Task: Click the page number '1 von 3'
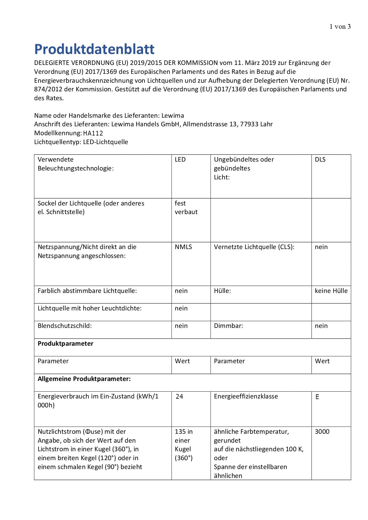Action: pyautogui.click(x=340, y=27)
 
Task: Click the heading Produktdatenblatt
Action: pyautogui.click(x=94, y=49)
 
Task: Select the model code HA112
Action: pyautogui.click(x=93, y=133)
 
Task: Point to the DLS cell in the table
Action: pyautogui.click(x=320, y=159)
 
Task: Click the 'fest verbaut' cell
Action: pyautogui.click(x=186, y=208)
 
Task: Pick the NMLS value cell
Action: pyautogui.click(x=183, y=247)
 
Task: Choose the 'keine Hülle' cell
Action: pyautogui.click(x=331, y=291)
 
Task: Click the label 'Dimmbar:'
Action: pyautogui.click(x=229, y=326)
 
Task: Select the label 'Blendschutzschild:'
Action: pyautogui.click(x=65, y=326)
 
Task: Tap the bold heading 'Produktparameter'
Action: pyautogui.click(x=66, y=344)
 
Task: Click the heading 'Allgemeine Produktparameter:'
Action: pyautogui.click(x=84, y=379)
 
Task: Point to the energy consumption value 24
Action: pyautogui.click(x=180, y=397)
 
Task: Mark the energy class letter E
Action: pyautogui.click(x=317, y=397)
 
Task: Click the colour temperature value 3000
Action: pyautogui.click(x=322, y=432)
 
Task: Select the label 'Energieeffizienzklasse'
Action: pyautogui.click(x=246, y=396)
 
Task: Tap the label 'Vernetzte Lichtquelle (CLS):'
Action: pyautogui.click(x=254, y=247)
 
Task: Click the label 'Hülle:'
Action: pyautogui.click(x=222, y=291)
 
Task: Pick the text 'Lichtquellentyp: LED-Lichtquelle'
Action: pyautogui.click(x=81, y=142)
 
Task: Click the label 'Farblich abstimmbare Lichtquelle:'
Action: pyautogui.click(x=87, y=291)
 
